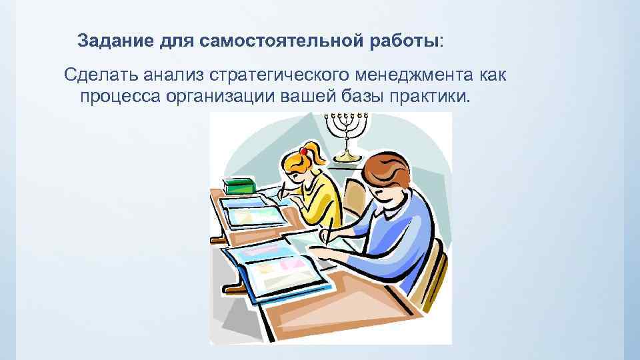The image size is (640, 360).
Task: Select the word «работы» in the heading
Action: (406, 41)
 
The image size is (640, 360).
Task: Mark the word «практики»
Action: (434, 98)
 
